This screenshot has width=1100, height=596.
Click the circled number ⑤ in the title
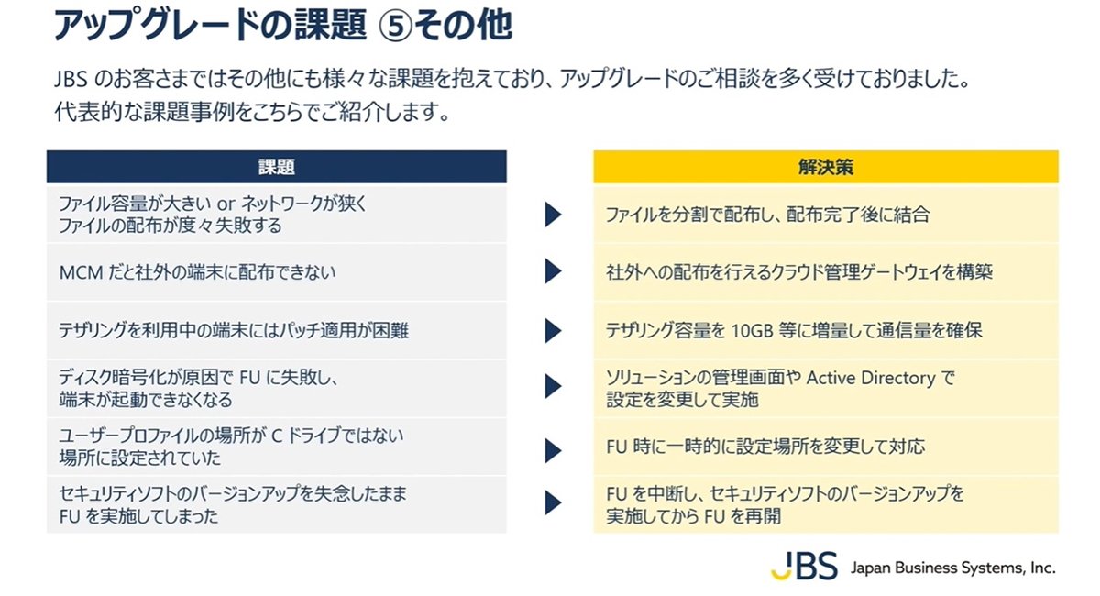[x=395, y=26]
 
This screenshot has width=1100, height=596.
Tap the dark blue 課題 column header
[x=277, y=167]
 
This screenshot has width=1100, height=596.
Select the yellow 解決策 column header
[x=826, y=167]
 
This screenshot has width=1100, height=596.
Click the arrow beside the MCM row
[x=553, y=271]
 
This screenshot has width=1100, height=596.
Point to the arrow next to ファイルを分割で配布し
[x=553, y=215]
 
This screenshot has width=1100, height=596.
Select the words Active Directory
[x=871, y=378]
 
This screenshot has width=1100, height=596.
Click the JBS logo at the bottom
[x=804, y=566]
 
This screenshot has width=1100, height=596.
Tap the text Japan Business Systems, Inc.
[x=952, y=568]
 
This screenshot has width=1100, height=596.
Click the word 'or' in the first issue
[x=226, y=204]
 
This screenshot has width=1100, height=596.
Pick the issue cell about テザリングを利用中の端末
[x=277, y=330]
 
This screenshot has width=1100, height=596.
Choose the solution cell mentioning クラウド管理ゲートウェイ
[x=826, y=271]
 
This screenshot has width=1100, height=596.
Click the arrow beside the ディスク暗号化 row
[x=553, y=386]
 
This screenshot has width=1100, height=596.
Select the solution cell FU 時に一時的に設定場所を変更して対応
[x=826, y=447]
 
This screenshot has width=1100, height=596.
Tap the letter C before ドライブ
[x=277, y=436]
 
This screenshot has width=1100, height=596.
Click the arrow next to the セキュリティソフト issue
[x=553, y=502]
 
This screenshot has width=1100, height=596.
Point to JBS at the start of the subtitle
[x=71, y=80]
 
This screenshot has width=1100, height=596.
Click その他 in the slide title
[x=463, y=26]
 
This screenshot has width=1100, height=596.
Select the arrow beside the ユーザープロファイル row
[x=553, y=450]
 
